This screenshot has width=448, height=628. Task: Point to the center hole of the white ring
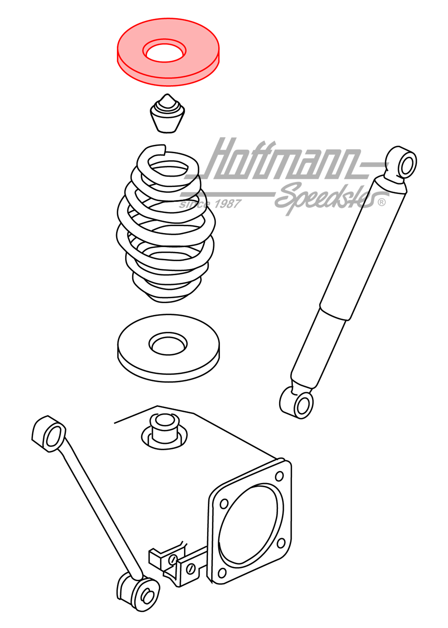pyautogui.click(x=168, y=345)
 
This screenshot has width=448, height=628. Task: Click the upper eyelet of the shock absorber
pyautogui.click(x=406, y=164)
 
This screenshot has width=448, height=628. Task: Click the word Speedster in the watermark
pyautogui.click(x=326, y=197)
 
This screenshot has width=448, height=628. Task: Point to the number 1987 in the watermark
pyautogui.click(x=227, y=204)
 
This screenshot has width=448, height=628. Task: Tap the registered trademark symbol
pyautogui.click(x=382, y=202)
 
